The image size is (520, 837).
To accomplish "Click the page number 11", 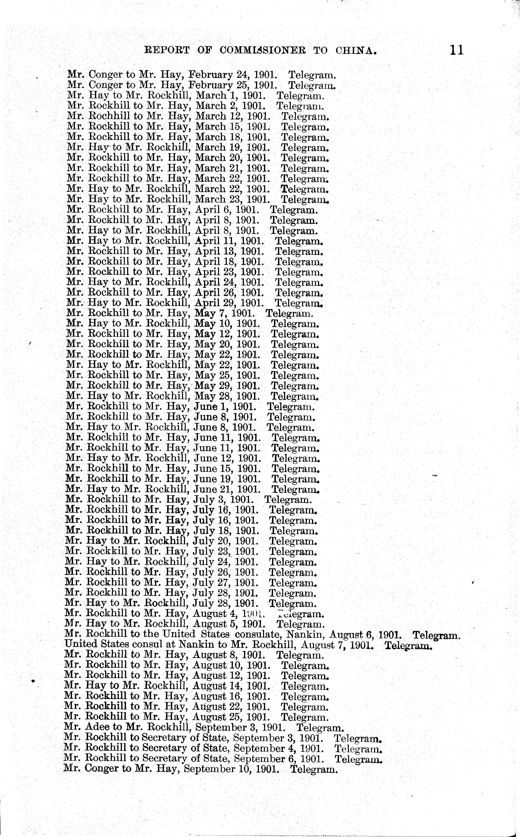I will [x=456, y=51].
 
